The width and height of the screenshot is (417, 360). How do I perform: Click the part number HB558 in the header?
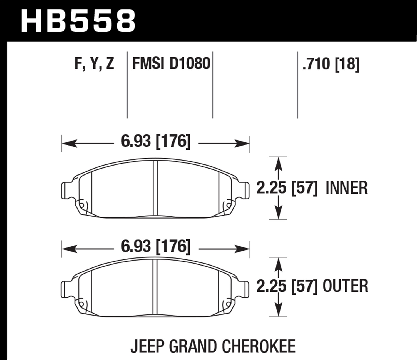[78, 21]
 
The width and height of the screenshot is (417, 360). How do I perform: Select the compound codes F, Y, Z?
[94, 64]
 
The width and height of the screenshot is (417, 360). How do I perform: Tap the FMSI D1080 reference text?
[171, 64]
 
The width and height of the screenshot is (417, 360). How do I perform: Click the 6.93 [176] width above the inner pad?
[156, 141]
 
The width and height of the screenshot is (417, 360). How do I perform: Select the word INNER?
[346, 188]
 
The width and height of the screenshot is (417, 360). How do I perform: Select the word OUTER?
[345, 286]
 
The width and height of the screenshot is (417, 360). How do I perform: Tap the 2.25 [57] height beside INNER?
[287, 188]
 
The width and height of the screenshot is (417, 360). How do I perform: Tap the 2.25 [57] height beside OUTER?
[287, 286]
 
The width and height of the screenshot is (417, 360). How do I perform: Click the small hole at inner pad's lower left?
[82, 206]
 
